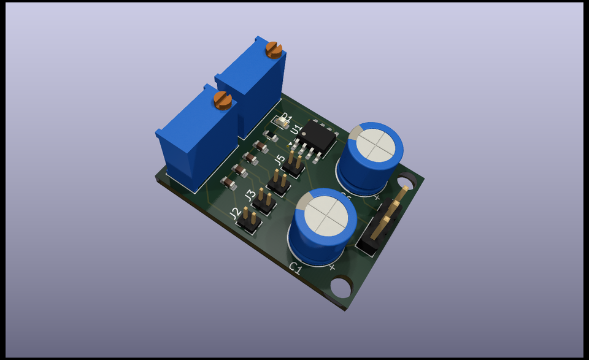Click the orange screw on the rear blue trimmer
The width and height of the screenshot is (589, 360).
click(x=274, y=48)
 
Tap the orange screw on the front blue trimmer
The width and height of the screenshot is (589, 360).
click(x=222, y=99)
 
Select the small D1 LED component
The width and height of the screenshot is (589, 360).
click(x=283, y=122)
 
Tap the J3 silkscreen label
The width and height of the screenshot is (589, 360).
click(x=250, y=196)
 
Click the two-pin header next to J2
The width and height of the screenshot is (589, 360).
click(x=250, y=221)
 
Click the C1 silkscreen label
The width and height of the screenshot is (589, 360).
click(x=295, y=268)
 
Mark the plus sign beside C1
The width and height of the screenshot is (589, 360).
click(x=332, y=267)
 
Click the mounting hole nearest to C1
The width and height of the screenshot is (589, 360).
click(x=339, y=286)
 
